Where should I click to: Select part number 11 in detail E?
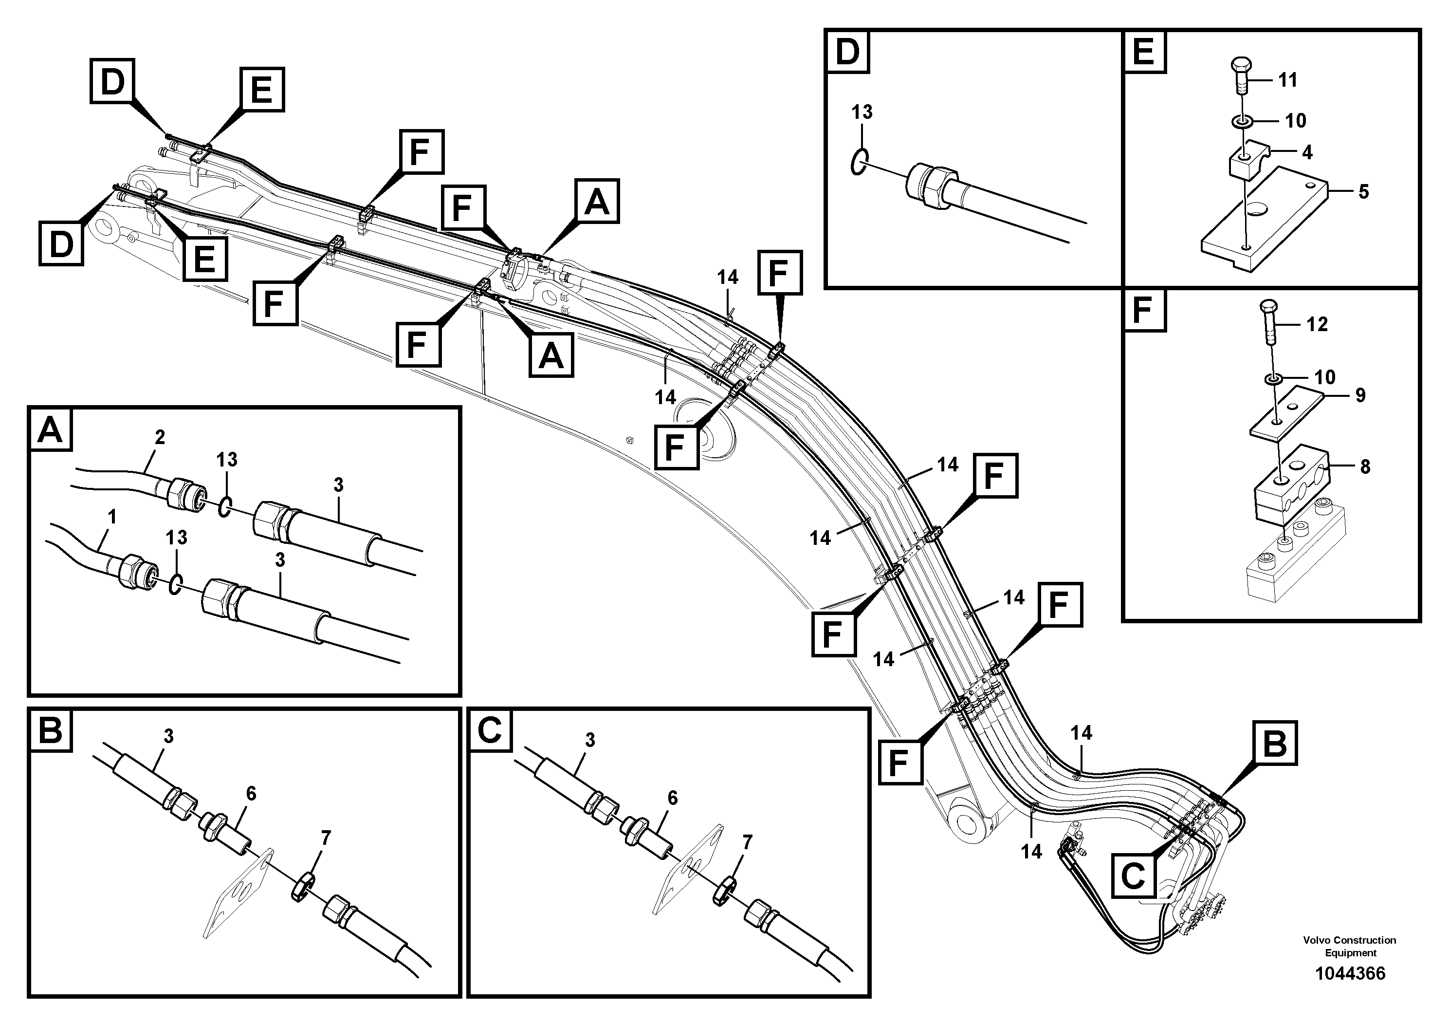1287,80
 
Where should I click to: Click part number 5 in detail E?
1364,191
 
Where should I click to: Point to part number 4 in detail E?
1307,152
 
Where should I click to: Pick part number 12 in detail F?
1317,324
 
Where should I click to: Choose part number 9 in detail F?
1360,395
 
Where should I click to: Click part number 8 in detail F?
1365,467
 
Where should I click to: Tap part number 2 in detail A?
160,437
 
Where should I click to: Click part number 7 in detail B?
325,838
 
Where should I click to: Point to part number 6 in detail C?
673,798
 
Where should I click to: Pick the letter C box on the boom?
1134,875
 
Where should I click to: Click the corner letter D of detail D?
847,51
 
